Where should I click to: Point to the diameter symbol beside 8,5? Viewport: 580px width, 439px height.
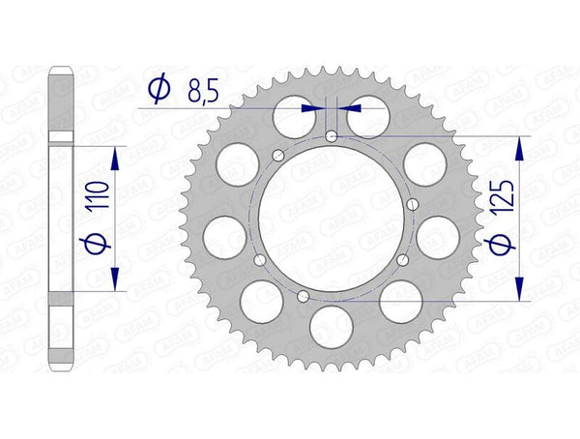pyautogui.click(x=159, y=92)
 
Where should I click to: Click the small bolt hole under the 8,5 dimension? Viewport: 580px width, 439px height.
pyautogui.click(x=332, y=137)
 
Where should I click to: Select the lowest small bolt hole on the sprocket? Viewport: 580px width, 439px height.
pyautogui.click(x=304, y=296)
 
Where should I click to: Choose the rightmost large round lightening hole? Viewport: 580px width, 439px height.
pyautogui.click(x=440, y=235)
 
